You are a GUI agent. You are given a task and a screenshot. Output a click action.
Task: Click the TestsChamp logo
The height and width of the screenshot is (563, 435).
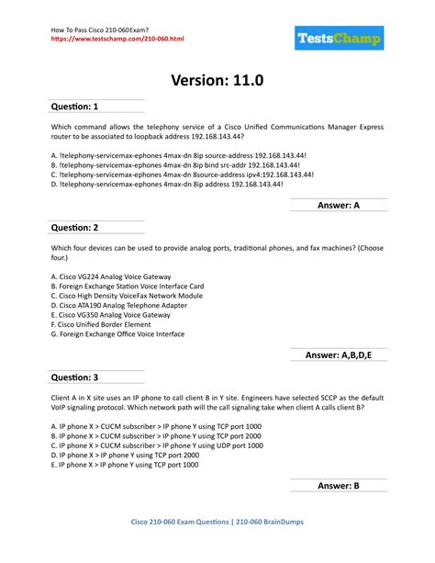(340, 39)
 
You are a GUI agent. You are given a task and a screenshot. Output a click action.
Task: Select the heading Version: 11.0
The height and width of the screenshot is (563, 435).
(217, 81)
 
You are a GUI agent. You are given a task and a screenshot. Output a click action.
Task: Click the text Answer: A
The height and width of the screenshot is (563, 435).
(338, 206)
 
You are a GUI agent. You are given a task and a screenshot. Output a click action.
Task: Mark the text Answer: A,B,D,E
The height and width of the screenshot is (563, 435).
(345, 355)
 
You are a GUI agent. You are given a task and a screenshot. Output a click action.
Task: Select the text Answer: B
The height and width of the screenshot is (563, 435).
(338, 485)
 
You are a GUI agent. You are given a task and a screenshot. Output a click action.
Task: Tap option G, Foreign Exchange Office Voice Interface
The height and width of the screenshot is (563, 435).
(117, 335)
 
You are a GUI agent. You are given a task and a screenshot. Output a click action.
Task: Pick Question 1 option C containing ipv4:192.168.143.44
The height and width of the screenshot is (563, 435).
(183, 174)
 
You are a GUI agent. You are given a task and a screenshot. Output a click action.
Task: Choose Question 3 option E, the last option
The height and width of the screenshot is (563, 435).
(124, 465)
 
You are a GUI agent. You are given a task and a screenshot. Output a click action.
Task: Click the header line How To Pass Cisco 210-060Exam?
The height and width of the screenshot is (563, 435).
(99, 28)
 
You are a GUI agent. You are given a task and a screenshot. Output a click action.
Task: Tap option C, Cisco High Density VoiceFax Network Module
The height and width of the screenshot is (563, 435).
(127, 296)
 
